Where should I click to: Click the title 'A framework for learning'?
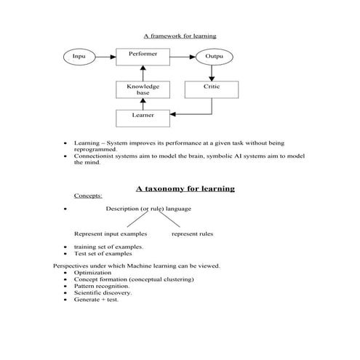click(180, 36)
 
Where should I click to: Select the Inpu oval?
click(79, 56)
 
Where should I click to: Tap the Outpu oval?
click(213, 56)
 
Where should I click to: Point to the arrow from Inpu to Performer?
click(105, 56)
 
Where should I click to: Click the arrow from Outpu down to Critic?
click(212, 73)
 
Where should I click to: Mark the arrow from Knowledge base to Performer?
click(143, 73)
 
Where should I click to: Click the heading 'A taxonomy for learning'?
click(185, 188)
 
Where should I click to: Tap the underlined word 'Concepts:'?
click(88, 196)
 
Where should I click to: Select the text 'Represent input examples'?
click(111, 234)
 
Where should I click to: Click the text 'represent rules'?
click(192, 234)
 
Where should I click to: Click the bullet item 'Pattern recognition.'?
click(102, 286)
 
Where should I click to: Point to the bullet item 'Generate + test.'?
click(96, 299)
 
